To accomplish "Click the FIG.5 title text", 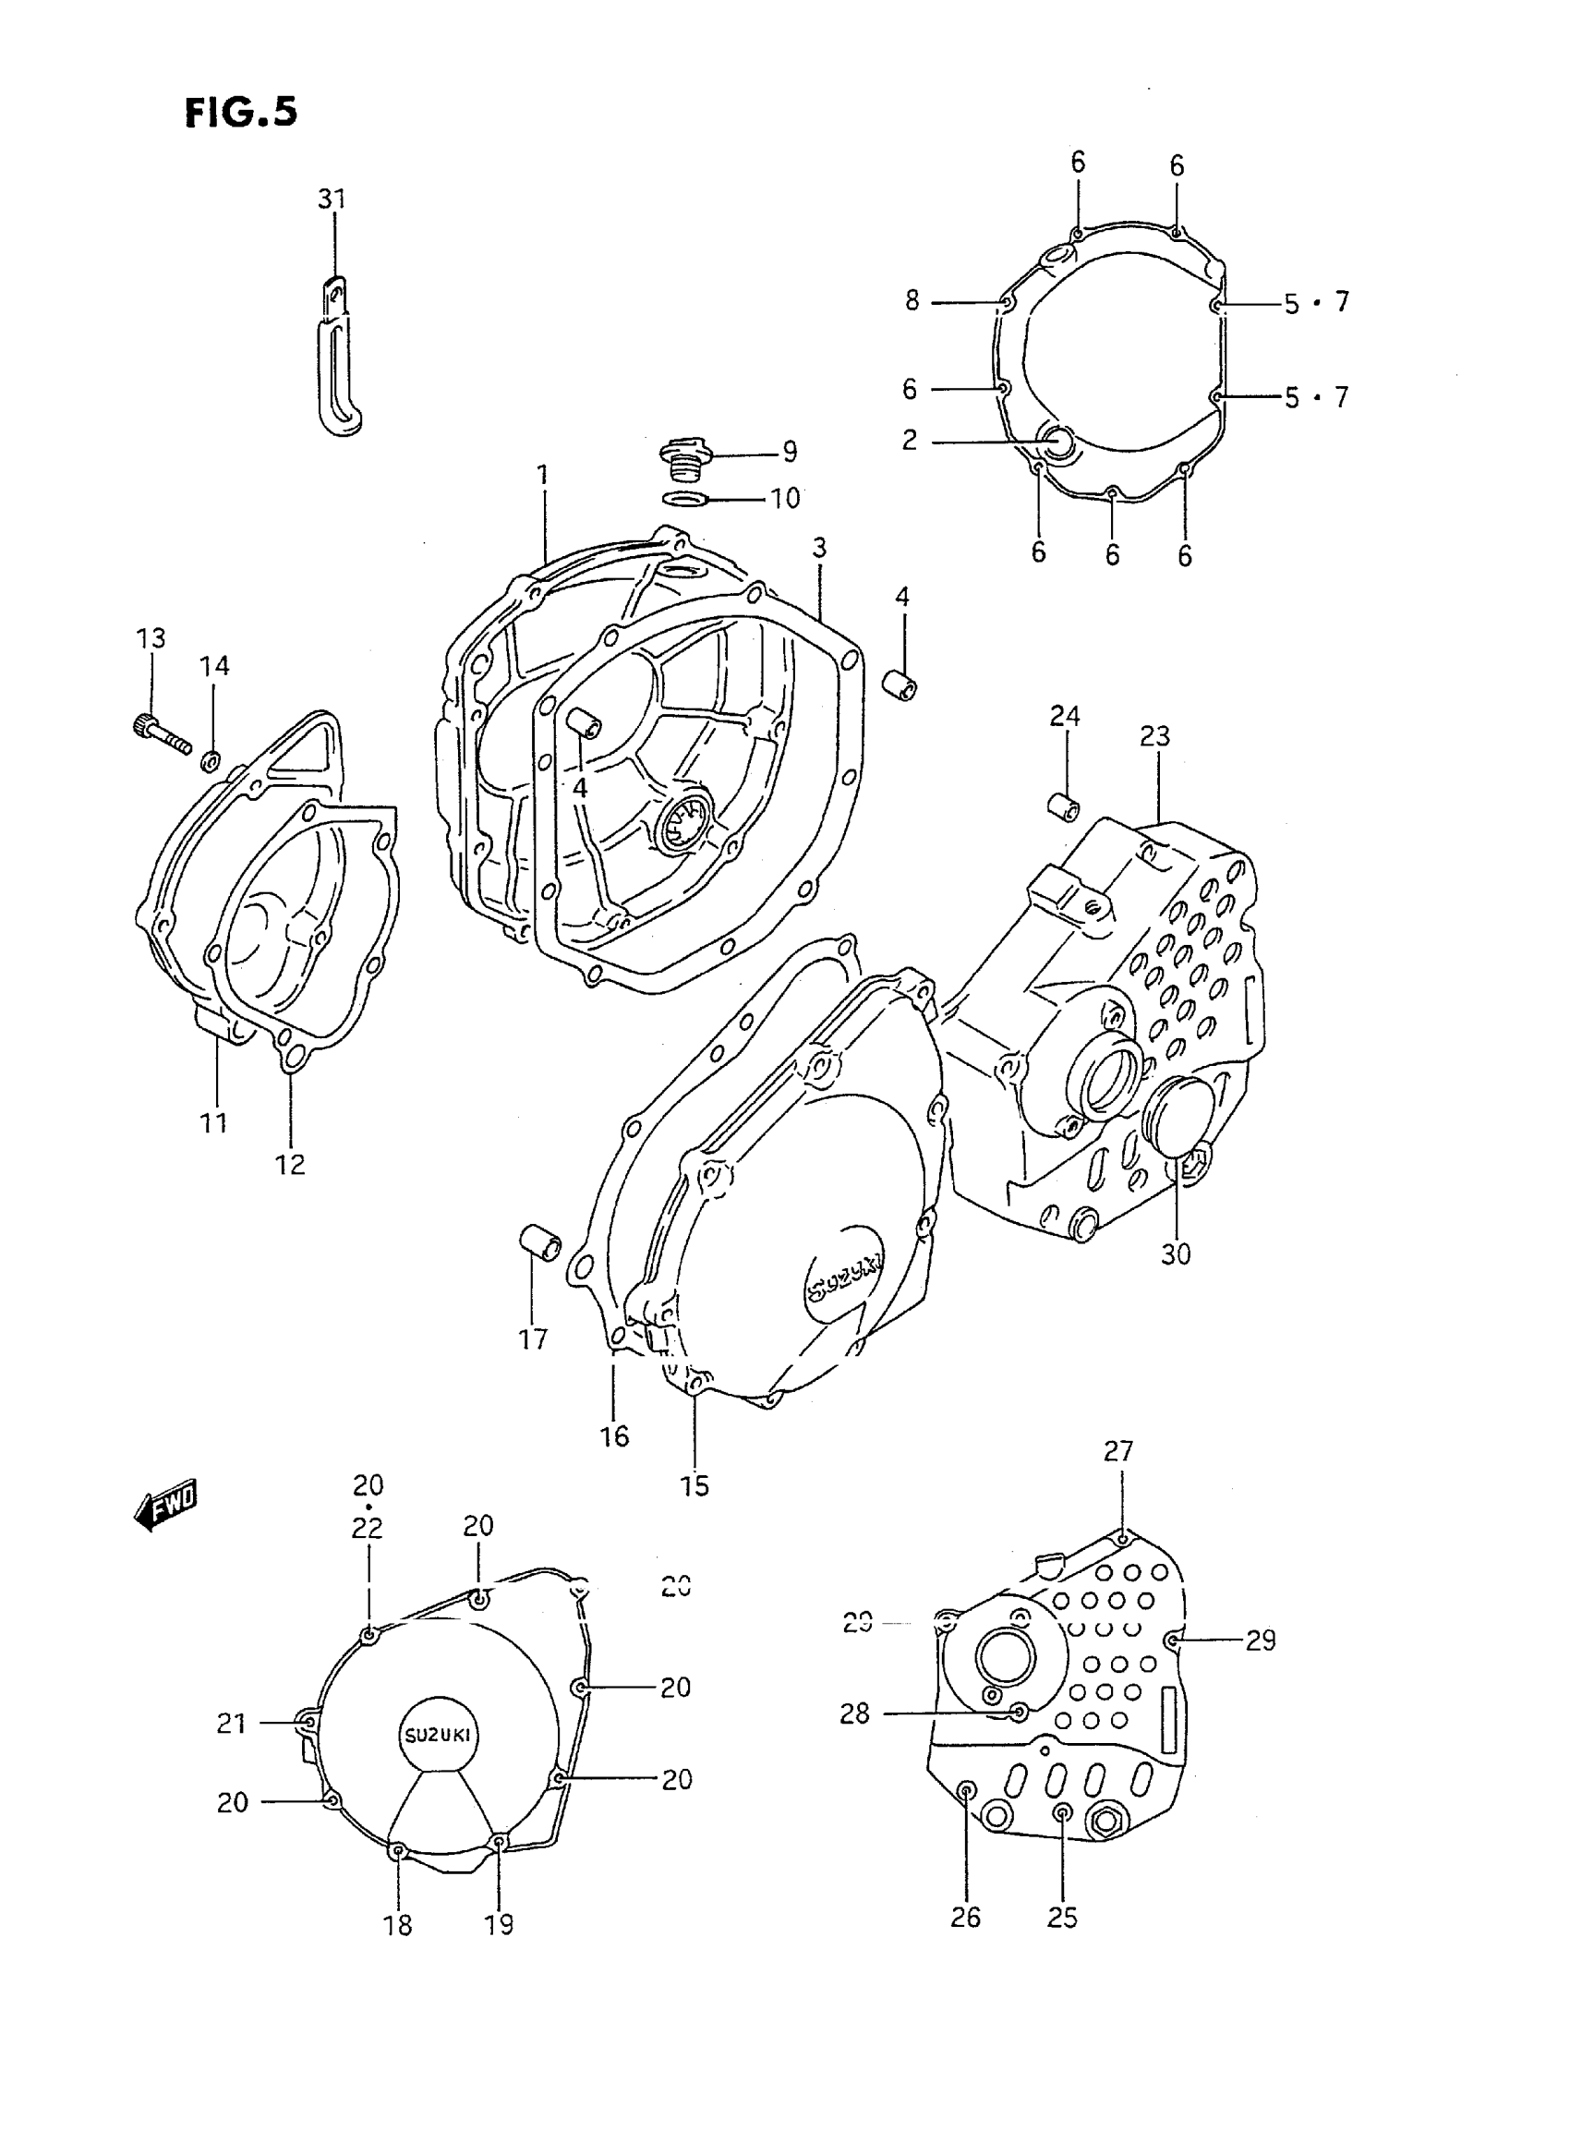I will pyautogui.click(x=240, y=112).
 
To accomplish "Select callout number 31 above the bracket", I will pyautogui.click(x=332, y=200).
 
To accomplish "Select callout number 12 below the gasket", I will pyautogui.click(x=290, y=1165).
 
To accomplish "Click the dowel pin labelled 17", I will pyautogui.click(x=540, y=1243).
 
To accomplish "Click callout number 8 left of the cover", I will pyautogui.click(x=912, y=301).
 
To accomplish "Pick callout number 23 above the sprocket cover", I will pyautogui.click(x=1154, y=737).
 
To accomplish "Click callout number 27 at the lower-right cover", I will pyautogui.click(x=1118, y=1451).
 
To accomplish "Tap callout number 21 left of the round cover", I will pyautogui.click(x=232, y=1724).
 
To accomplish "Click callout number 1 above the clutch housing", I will pyautogui.click(x=543, y=473).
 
